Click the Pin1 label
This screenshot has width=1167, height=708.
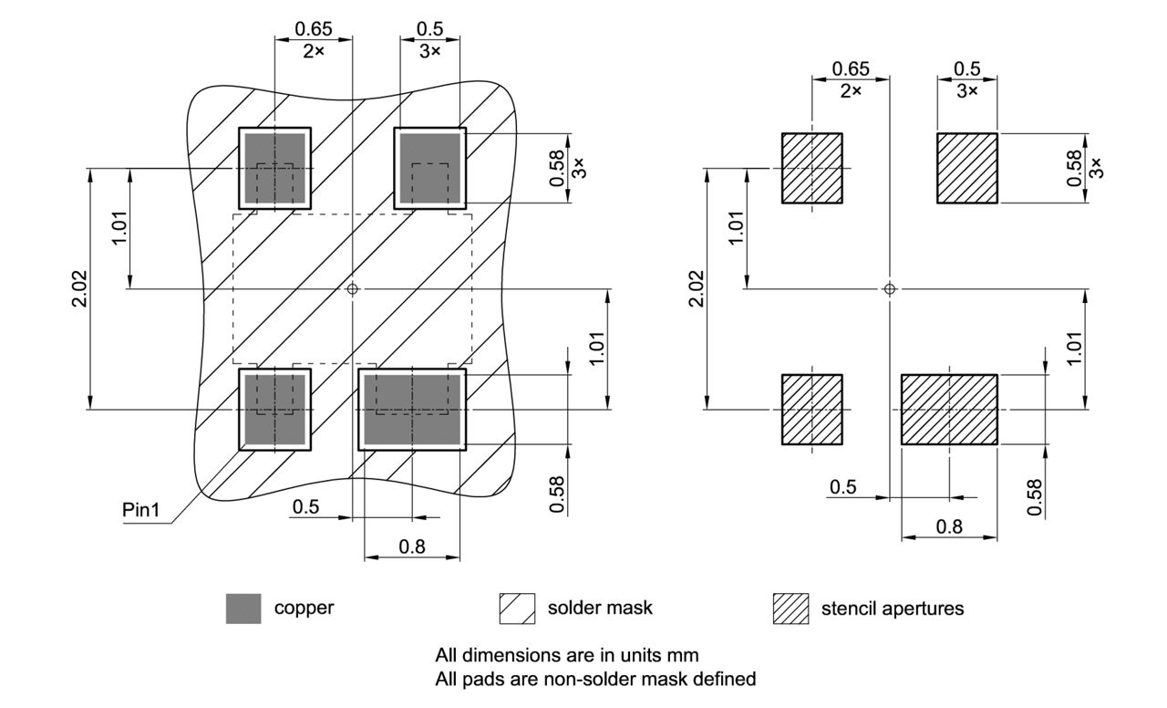click(x=141, y=510)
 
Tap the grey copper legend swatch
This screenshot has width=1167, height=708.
click(x=243, y=609)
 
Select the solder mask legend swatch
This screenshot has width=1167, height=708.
click(x=516, y=609)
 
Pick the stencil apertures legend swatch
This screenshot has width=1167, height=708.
click(x=790, y=609)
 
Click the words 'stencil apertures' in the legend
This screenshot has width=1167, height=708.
click(x=892, y=609)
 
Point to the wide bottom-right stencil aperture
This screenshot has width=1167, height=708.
click(x=949, y=410)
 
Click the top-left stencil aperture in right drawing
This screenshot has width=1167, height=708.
click(x=811, y=168)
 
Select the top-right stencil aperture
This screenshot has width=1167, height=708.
click(x=968, y=168)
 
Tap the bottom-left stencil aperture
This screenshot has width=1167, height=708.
click(x=811, y=410)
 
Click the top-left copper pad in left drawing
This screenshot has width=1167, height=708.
click(x=274, y=168)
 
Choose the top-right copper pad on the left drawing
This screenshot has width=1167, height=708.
click(x=429, y=168)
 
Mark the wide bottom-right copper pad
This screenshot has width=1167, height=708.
click(x=412, y=410)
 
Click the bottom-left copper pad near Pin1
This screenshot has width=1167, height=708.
click(x=274, y=410)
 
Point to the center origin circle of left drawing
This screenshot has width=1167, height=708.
click(x=353, y=289)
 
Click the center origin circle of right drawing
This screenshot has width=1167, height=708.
click(x=890, y=289)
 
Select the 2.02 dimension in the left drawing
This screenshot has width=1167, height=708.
click(x=79, y=289)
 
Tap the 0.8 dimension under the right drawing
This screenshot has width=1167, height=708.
click(x=949, y=526)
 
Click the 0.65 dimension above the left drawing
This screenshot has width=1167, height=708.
click(x=313, y=27)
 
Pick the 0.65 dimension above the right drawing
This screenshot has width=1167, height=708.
click(x=851, y=69)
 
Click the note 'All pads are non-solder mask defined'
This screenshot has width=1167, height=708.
click(x=595, y=679)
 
